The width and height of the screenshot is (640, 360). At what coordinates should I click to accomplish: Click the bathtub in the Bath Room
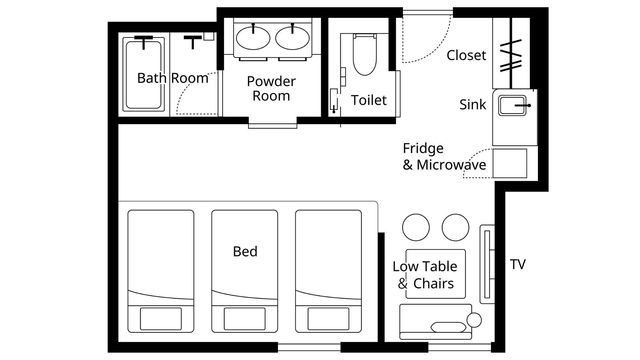click(x=144, y=74)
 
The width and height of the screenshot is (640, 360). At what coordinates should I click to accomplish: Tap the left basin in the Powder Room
click(x=253, y=38)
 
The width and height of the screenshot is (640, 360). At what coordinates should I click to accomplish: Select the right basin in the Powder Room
click(x=292, y=38)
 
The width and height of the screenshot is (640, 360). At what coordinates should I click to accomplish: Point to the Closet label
click(x=466, y=55)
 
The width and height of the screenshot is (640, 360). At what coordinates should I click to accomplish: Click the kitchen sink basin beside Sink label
click(x=512, y=106)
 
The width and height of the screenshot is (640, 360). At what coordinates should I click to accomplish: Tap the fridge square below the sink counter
click(x=510, y=163)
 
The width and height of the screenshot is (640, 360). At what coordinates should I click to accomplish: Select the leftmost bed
click(x=161, y=271)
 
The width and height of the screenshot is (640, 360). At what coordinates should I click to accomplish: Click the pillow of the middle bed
click(x=245, y=319)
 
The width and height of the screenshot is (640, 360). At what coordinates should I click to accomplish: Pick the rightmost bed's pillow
click(x=329, y=319)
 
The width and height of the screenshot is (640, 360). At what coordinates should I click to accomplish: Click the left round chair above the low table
click(x=416, y=228)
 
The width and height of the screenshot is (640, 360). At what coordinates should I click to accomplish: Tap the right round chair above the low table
click(x=455, y=228)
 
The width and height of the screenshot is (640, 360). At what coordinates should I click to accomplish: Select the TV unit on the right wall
click(x=487, y=264)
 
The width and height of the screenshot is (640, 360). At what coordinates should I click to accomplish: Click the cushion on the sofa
click(x=448, y=327)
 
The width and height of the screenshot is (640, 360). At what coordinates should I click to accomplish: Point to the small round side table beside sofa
click(x=474, y=320)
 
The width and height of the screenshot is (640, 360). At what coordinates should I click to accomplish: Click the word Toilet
click(x=369, y=100)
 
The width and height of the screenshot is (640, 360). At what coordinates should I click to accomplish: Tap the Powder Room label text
click(x=271, y=89)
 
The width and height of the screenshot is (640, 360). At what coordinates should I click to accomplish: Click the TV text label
click(x=518, y=265)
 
